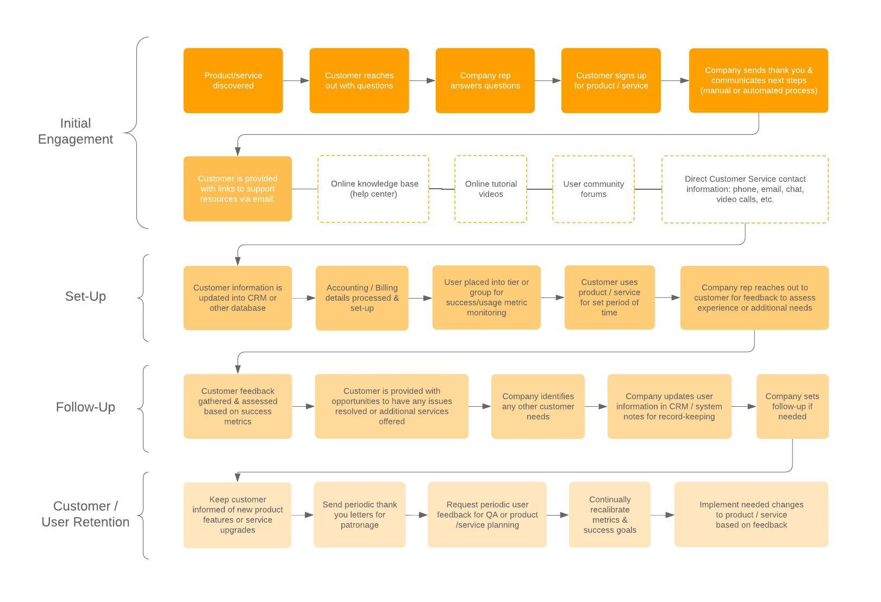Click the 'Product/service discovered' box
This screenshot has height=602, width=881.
(233, 80)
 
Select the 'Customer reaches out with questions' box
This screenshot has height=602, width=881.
(359, 80)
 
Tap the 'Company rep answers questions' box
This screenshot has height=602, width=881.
(485, 80)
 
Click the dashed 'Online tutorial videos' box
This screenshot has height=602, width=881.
(490, 189)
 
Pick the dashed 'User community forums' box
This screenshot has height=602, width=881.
(593, 189)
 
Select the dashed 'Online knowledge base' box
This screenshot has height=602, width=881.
(373, 189)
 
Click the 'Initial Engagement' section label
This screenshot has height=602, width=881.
(76, 131)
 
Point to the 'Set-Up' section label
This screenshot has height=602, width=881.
(85, 296)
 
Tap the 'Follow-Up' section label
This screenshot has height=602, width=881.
(85, 407)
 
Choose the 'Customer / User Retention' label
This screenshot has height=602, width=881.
(85, 514)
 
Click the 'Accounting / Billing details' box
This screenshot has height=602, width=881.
(361, 298)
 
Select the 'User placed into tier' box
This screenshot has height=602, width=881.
(486, 297)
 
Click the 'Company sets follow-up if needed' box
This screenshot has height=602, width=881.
(792, 406)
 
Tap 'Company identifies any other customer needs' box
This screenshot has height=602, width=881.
(538, 406)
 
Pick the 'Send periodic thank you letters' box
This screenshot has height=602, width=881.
(359, 514)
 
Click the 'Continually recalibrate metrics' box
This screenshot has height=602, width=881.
(609, 514)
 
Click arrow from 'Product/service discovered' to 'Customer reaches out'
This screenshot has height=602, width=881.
(296, 80)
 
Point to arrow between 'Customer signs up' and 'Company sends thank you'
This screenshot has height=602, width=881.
(674, 80)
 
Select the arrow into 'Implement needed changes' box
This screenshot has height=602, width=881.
(662, 514)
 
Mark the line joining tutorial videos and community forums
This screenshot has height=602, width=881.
(539, 189)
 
